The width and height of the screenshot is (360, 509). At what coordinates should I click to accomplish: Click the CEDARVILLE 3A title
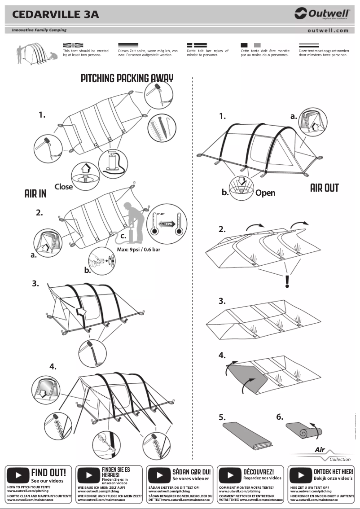tap(56, 14)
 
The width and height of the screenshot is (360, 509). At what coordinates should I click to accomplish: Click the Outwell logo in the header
tap(322, 14)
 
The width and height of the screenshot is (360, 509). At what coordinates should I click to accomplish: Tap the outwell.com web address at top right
tap(328, 31)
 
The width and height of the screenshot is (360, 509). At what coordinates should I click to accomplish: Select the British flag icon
tap(73, 45)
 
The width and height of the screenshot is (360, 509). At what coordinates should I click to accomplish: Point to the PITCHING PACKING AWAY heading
tap(127, 78)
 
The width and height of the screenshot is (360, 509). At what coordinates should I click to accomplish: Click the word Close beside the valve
tap(64, 186)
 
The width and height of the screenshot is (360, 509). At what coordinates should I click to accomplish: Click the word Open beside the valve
tap(265, 193)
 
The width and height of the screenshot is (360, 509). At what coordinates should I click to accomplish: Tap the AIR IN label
tap(35, 193)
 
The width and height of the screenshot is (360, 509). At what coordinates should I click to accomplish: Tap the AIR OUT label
tap(324, 188)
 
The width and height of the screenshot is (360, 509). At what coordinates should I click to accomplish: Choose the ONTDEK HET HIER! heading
tap(333, 472)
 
